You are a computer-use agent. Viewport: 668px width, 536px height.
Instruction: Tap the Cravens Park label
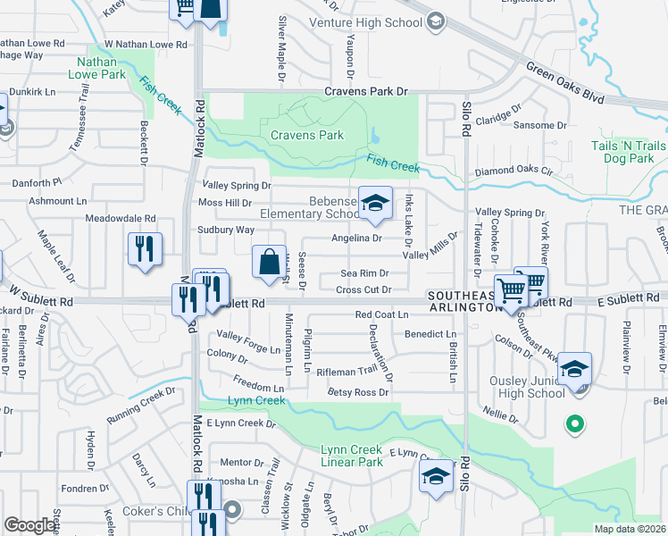point(307,136)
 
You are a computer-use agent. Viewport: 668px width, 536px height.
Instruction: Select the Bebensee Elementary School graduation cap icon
point(376,205)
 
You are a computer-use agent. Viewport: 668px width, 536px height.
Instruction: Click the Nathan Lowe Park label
point(102,69)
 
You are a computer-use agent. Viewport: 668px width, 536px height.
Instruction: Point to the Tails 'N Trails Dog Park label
point(629,152)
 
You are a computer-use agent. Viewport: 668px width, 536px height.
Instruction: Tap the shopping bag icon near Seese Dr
point(269,263)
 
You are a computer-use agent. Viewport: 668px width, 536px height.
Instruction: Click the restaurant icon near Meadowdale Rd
point(145,249)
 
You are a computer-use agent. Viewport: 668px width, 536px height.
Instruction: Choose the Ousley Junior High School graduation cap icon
point(575,369)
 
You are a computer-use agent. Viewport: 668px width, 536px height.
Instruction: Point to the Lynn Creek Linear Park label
point(352,456)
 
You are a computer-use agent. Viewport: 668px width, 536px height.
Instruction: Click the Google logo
point(30,524)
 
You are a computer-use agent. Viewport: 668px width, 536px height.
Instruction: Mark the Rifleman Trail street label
point(353,371)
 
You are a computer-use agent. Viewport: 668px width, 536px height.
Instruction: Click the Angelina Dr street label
point(356,238)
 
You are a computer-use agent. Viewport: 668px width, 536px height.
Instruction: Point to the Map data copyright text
point(629,529)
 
